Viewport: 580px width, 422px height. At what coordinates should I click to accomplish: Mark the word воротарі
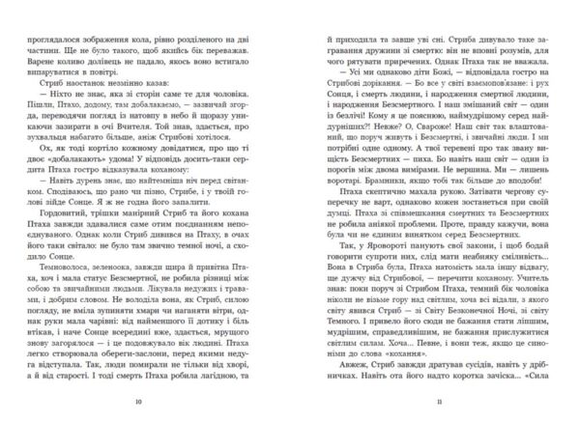tap(325, 208)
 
